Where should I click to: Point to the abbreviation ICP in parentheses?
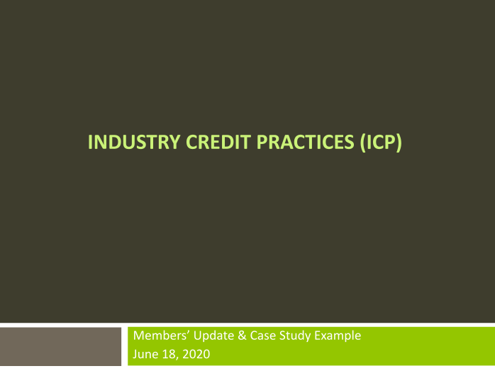click(x=381, y=143)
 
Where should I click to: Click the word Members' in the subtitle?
click(x=158, y=336)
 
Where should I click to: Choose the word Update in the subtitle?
click(x=208, y=336)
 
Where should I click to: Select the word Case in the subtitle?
click(x=256, y=336)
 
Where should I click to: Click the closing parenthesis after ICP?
click(x=399, y=143)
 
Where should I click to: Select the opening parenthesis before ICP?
click(x=363, y=143)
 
